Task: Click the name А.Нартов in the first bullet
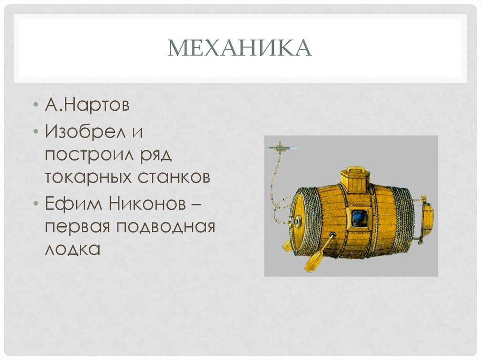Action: (87, 105)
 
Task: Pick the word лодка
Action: (72, 249)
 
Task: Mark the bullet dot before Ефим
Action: (36, 204)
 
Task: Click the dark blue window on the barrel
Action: (359, 218)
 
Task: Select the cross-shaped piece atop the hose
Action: (280, 148)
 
